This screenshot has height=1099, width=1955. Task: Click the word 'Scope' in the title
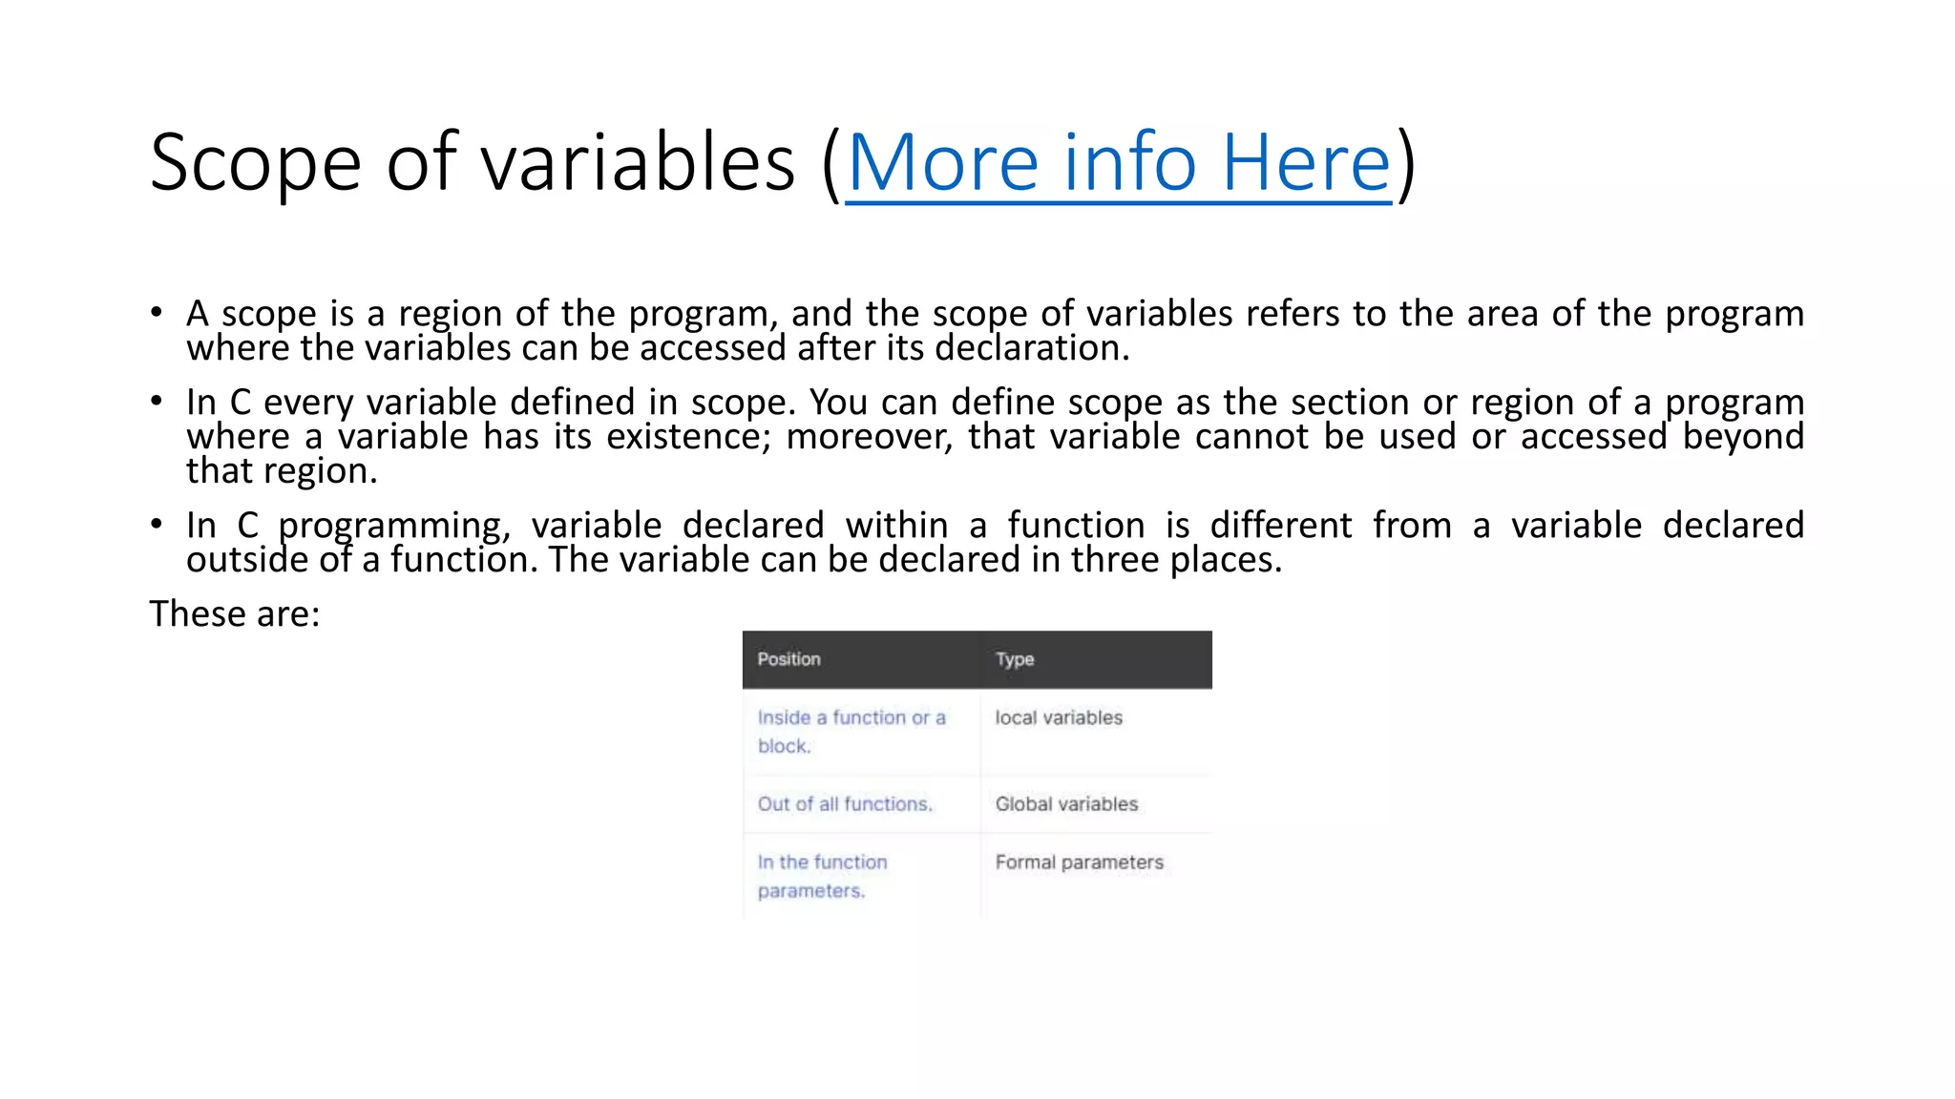(x=255, y=164)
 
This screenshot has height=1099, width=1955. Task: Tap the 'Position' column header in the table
(x=788, y=659)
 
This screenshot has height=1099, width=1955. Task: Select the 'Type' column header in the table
(x=1015, y=659)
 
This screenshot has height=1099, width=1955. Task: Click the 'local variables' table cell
(x=1059, y=717)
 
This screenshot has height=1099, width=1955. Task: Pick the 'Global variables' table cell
(x=1066, y=804)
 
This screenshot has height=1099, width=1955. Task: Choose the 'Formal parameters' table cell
(x=1079, y=862)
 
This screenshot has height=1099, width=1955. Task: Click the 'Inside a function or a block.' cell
(x=851, y=732)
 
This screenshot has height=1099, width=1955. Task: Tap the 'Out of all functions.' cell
(x=845, y=804)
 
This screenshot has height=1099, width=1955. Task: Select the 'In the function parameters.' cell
(x=822, y=876)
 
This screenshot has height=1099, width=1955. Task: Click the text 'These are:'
(x=235, y=613)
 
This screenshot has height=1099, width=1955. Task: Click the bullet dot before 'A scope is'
(x=157, y=312)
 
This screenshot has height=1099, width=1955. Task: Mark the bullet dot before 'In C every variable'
(x=157, y=401)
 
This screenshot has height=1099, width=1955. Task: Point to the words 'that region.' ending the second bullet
(x=282, y=471)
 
